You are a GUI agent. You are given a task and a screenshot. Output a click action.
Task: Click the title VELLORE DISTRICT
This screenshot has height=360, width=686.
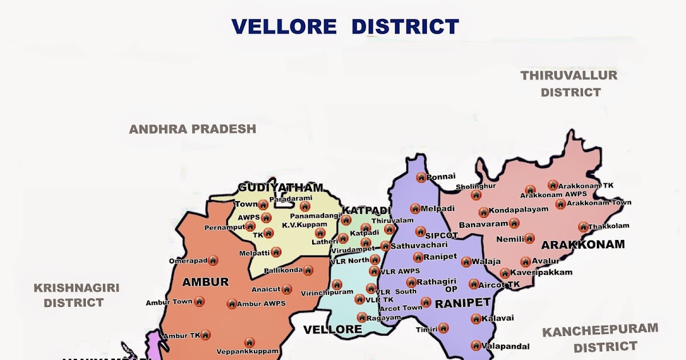(x=345, y=26)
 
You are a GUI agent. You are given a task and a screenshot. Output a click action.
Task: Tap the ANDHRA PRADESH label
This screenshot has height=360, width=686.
(x=192, y=129)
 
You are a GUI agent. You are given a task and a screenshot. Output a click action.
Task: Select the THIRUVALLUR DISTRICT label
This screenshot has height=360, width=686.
(x=569, y=83)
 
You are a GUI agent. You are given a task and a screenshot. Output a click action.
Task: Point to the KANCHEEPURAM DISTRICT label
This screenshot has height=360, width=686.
(x=600, y=338)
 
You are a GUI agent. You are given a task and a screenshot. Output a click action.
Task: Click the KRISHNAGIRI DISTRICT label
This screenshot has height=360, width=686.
(x=76, y=295)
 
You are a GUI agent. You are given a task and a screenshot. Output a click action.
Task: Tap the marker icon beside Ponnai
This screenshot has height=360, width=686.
(x=421, y=178)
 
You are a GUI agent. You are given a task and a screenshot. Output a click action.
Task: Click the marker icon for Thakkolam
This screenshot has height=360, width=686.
(x=583, y=227)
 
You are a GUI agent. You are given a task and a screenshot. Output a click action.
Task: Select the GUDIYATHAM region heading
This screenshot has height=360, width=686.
(x=280, y=188)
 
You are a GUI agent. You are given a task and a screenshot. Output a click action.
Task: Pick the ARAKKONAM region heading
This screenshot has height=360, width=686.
(x=583, y=245)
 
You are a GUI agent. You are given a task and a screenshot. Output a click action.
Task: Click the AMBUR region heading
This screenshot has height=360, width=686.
(x=205, y=282)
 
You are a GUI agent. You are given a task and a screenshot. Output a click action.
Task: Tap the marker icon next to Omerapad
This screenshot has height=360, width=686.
(x=213, y=261)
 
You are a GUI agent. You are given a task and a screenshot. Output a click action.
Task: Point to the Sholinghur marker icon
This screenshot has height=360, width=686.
(x=476, y=195)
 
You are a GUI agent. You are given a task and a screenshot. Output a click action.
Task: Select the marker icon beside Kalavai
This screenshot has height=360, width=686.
(x=476, y=319)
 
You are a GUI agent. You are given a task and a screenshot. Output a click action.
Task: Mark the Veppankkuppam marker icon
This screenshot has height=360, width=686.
(x=249, y=342)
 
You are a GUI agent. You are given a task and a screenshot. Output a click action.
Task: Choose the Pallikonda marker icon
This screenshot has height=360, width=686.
(x=308, y=270)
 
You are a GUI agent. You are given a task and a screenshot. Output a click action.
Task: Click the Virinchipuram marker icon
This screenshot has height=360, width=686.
(x=337, y=285)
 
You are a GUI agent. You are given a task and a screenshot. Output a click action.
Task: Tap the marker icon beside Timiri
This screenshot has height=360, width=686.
(x=443, y=328)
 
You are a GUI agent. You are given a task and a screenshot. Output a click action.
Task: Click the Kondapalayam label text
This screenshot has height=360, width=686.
(x=518, y=210)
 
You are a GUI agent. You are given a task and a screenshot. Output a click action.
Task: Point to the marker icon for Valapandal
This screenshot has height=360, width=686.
(x=476, y=345)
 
